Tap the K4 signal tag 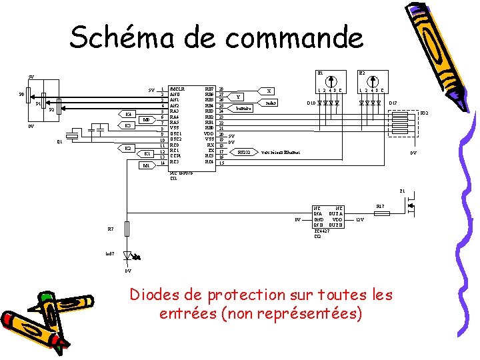pos(128,114)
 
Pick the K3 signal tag pos(128,125)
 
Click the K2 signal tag pos(128,147)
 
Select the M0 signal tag pos(147,120)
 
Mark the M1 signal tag pos(147,165)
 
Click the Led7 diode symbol pos(129,255)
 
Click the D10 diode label pos(311,103)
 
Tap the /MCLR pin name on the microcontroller pos(177,88)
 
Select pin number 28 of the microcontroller pos(221,88)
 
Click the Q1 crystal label pos(59,142)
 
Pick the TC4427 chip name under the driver pos(322,231)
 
